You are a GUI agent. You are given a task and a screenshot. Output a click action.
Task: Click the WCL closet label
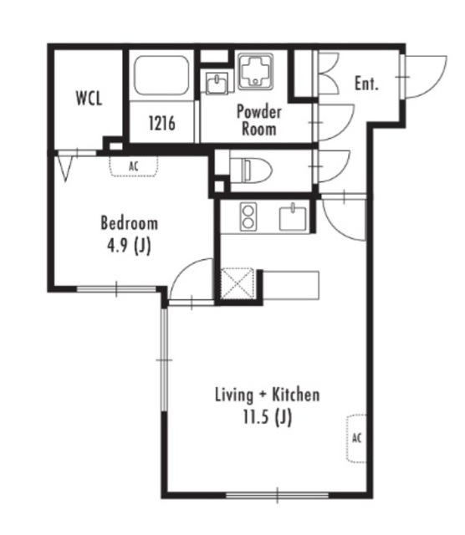89,99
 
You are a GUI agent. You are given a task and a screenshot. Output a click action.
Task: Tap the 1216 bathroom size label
161,123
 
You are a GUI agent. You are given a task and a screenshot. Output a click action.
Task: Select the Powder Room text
259,120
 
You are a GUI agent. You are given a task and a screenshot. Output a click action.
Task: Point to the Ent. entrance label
366,84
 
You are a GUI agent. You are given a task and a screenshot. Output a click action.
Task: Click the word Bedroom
130,223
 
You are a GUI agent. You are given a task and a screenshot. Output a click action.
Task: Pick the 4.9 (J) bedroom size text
129,246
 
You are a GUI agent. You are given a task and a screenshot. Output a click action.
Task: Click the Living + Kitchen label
268,395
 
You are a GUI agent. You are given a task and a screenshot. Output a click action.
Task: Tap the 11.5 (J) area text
268,417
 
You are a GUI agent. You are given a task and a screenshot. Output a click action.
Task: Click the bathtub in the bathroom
161,75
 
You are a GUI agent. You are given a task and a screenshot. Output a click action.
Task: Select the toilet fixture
251,170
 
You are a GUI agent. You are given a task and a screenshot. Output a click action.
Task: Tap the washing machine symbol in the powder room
255,71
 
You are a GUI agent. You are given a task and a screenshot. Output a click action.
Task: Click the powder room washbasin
217,84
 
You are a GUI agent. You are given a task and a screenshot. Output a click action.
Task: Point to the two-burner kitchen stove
248,217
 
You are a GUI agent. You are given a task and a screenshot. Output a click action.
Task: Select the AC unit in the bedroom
134,166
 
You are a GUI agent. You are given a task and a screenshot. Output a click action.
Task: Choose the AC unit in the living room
356,438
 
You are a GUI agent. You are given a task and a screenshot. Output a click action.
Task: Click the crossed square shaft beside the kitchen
238,284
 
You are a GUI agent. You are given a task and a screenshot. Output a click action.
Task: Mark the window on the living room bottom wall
277,495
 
